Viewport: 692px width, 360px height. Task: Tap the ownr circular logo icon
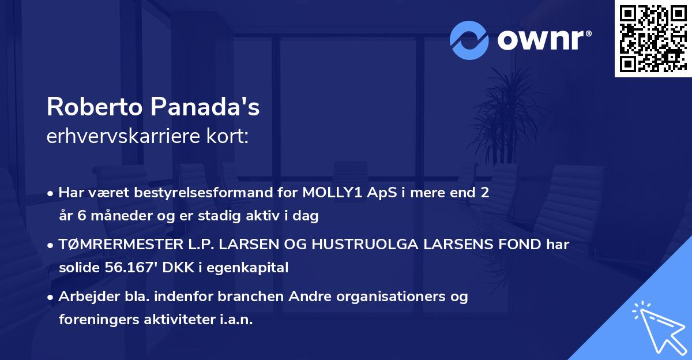pos(469,40)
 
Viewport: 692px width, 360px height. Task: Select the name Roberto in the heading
pos(95,107)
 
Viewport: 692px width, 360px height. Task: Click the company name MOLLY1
pos(329,193)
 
